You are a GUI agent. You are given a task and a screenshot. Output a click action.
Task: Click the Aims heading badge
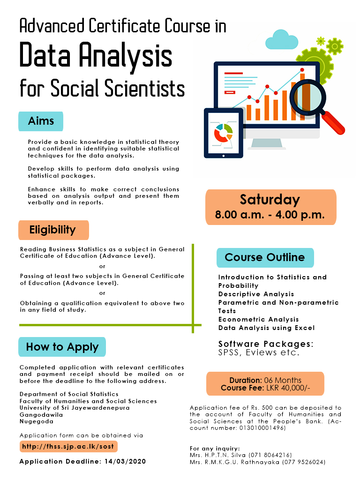point(41,121)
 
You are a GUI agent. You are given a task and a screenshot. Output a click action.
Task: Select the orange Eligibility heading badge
point(52,230)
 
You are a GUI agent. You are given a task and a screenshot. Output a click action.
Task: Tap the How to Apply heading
point(62,347)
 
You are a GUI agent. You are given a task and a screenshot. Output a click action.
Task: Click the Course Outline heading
point(265,257)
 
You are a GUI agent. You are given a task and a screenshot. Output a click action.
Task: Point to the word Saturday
point(270,200)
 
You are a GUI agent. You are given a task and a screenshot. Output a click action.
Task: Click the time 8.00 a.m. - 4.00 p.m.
point(270,216)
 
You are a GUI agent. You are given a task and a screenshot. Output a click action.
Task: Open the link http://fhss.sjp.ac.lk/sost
point(68,446)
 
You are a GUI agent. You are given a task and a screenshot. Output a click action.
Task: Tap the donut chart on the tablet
point(223,133)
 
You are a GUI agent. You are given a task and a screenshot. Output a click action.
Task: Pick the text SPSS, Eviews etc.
point(259,352)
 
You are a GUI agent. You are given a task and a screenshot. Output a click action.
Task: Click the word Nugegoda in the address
point(36,421)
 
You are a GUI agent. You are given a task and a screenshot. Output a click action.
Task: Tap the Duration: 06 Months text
point(265,380)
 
